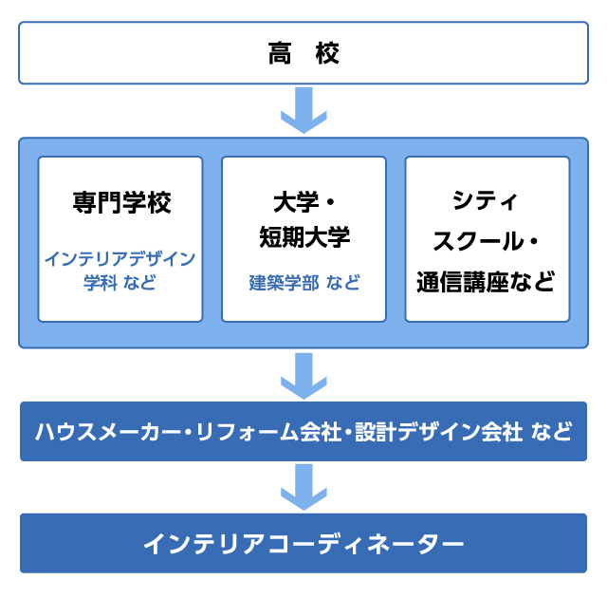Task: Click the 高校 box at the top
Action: coord(303,54)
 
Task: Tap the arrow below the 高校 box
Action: coord(303,110)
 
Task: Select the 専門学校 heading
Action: coord(120,203)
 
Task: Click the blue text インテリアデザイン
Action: coord(120,258)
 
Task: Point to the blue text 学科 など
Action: coord(120,283)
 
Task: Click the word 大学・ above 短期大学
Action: coord(304,203)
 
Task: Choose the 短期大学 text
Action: coord(304,239)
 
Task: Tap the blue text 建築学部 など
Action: coord(304,283)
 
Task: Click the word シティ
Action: coord(487,201)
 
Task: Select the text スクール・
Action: coord(487,241)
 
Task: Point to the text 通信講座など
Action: coord(487,282)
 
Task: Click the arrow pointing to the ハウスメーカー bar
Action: coord(303,376)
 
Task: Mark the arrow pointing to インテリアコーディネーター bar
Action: coord(303,487)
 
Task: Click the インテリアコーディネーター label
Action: coord(303,543)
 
